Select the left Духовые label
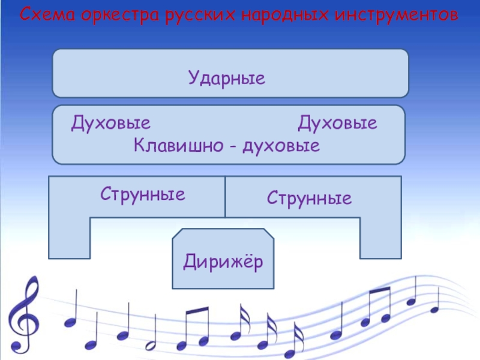110,124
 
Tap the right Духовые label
337,124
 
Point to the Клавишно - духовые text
226,146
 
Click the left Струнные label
142,194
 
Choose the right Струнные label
309,197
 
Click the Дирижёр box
223,261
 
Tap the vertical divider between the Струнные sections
225,197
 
